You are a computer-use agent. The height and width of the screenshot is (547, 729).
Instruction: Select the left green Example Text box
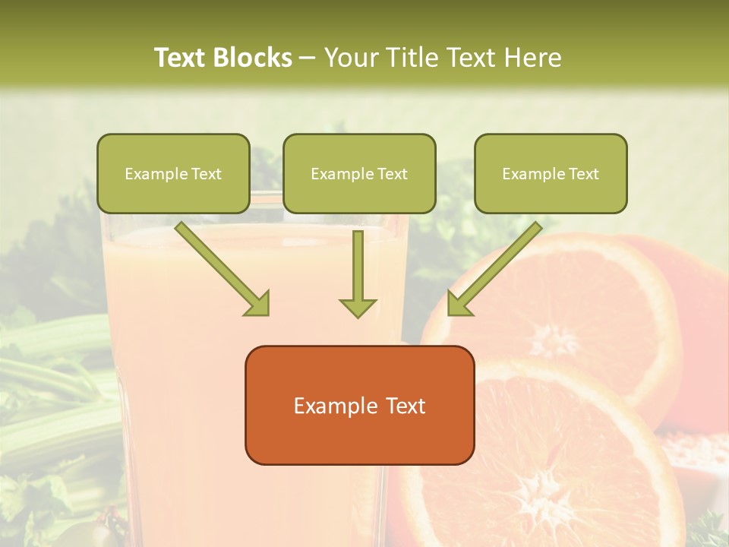pyautogui.click(x=173, y=174)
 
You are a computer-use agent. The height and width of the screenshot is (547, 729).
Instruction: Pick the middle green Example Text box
pyautogui.click(x=359, y=174)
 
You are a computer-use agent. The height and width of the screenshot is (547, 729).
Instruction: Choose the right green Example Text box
pyautogui.click(x=551, y=174)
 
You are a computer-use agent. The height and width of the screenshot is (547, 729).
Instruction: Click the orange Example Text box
pyautogui.click(x=359, y=405)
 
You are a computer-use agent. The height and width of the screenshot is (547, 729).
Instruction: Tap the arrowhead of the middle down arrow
pyautogui.click(x=358, y=306)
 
